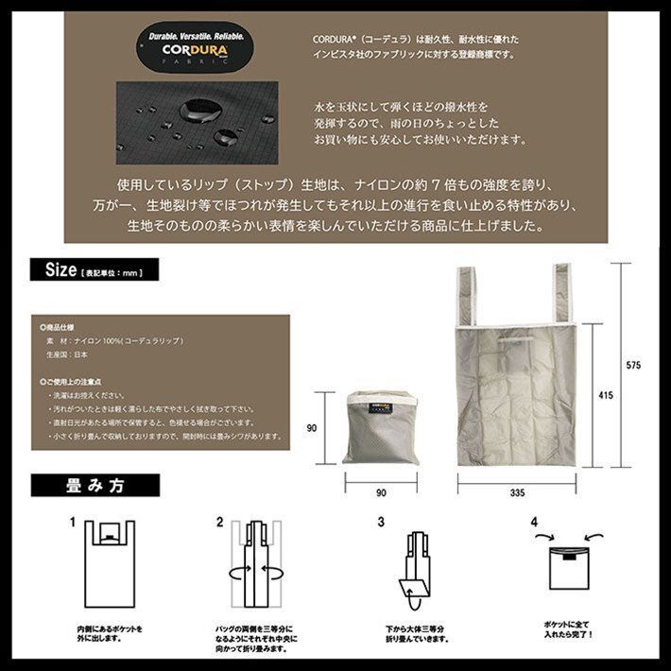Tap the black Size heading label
95,271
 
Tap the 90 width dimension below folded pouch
380,491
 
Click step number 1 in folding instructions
72,522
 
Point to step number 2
220,522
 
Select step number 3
381,522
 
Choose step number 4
534,522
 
